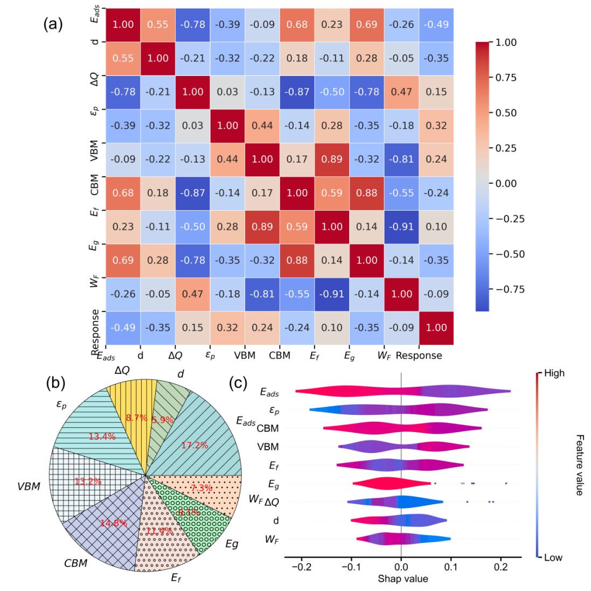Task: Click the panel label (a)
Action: [x=53, y=24]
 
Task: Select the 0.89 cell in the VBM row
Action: [x=332, y=159]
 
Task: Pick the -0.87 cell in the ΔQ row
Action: [x=297, y=92]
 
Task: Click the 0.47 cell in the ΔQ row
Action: [x=401, y=92]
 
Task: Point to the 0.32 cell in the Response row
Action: [x=227, y=328]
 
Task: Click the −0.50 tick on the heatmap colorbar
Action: [x=509, y=254]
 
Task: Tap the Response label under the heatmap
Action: [x=419, y=356]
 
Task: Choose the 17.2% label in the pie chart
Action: [x=194, y=446]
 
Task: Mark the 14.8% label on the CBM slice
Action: [x=113, y=523]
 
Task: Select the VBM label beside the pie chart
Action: [x=29, y=486]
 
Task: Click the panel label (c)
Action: [x=238, y=383]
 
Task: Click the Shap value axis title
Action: [x=402, y=579]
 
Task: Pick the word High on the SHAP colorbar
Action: [x=554, y=373]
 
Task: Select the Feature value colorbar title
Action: [x=579, y=464]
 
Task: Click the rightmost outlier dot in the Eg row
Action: [x=506, y=483]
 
